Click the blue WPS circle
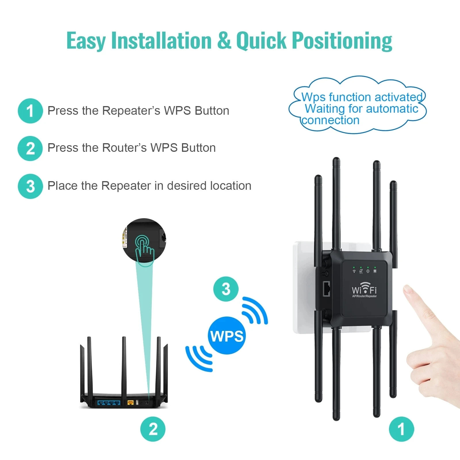point(227,336)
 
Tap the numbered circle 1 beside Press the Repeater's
point(30,111)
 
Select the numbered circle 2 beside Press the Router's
point(30,148)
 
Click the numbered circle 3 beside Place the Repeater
point(30,186)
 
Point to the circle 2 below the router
point(153,429)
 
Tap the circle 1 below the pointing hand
point(401,429)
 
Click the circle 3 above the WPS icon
point(226,289)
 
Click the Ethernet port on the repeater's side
point(326,289)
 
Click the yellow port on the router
point(130,402)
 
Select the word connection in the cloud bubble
point(330,120)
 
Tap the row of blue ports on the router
point(109,402)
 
